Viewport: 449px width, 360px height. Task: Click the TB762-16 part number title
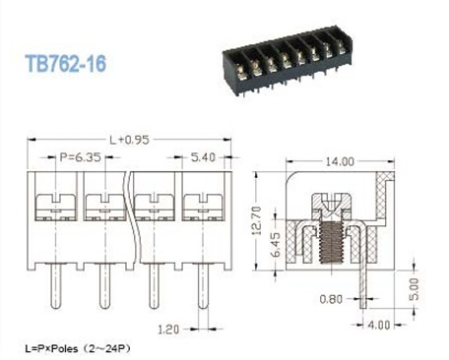66,64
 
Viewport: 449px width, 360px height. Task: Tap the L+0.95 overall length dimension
129,140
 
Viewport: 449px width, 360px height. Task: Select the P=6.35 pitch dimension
80,157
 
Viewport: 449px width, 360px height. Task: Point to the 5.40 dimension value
203,157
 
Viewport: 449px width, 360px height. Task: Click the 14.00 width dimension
340,161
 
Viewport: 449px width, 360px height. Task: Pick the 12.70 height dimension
257,220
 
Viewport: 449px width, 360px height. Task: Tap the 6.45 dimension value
277,245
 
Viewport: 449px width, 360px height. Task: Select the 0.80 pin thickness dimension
331,299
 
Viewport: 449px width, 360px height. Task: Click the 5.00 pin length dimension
415,289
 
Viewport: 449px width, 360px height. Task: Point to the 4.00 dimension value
379,326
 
